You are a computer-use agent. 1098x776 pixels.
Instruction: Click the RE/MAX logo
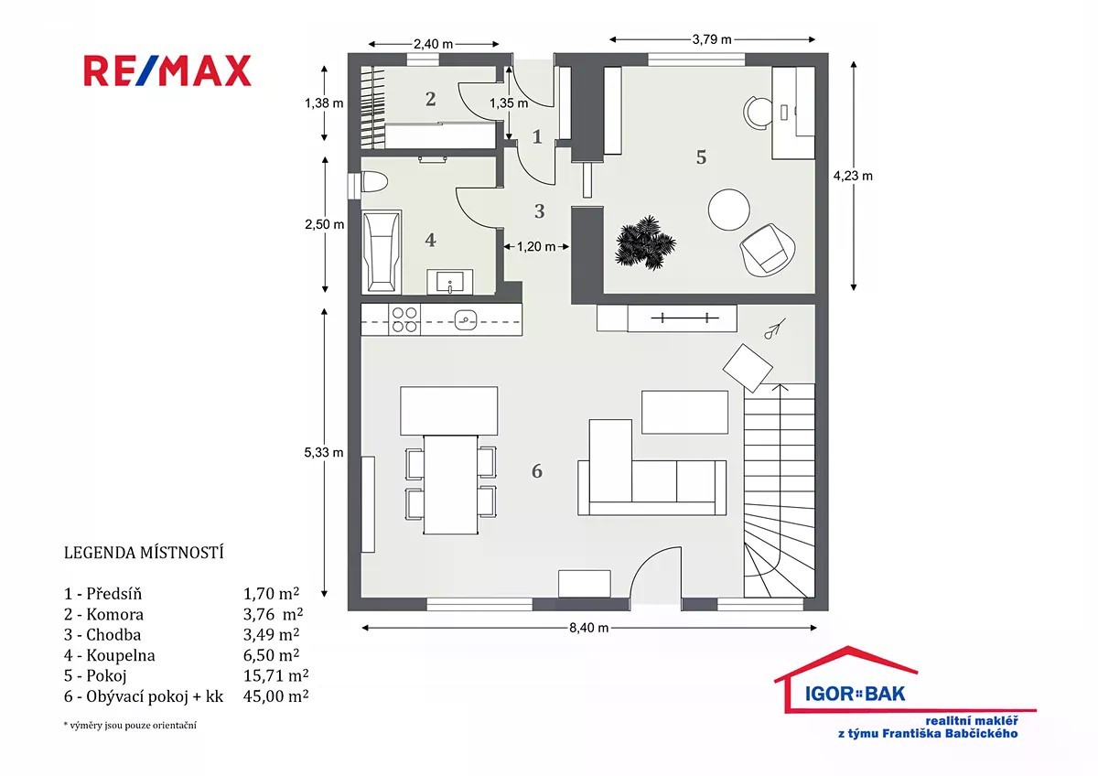click(x=167, y=71)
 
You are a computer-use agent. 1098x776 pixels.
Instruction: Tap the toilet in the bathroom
click(x=374, y=182)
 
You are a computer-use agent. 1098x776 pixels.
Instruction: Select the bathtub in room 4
click(x=382, y=252)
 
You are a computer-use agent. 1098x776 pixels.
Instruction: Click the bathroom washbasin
click(x=450, y=282)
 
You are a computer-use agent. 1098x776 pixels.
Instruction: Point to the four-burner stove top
click(x=404, y=319)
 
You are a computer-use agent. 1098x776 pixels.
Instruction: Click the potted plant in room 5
click(x=645, y=242)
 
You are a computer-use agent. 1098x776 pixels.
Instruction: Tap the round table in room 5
click(x=729, y=210)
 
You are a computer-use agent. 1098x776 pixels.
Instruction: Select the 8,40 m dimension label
click(x=588, y=628)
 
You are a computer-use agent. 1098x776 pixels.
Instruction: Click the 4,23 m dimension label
click(x=853, y=176)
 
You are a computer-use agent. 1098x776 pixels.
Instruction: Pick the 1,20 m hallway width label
click(x=536, y=246)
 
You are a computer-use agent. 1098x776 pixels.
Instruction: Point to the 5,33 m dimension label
click(x=324, y=452)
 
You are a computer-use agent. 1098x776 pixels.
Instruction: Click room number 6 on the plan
click(x=537, y=471)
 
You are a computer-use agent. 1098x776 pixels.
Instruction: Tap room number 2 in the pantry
click(x=430, y=99)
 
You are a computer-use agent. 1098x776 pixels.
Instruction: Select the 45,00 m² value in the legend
click(x=276, y=696)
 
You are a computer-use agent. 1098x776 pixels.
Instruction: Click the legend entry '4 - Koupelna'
click(x=109, y=655)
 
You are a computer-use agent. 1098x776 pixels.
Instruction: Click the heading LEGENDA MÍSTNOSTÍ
click(x=144, y=553)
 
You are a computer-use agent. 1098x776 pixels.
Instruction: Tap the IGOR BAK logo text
click(x=855, y=694)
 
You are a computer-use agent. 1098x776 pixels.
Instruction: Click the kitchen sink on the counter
click(x=465, y=320)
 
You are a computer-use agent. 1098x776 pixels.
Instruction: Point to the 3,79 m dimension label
click(x=712, y=39)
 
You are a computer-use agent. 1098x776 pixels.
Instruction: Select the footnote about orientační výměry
click(x=130, y=725)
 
